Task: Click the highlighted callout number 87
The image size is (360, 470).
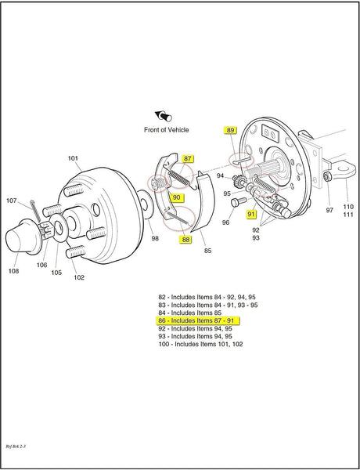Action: click(x=188, y=158)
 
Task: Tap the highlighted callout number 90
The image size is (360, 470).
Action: click(x=177, y=197)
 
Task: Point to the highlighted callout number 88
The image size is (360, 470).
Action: click(x=185, y=240)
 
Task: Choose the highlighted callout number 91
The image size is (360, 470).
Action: click(x=251, y=213)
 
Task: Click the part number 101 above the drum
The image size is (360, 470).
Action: click(x=74, y=158)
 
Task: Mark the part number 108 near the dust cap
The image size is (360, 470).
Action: click(x=14, y=272)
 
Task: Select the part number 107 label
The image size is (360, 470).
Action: click(x=12, y=201)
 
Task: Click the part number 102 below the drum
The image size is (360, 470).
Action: click(x=79, y=277)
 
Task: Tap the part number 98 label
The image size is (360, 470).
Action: click(x=155, y=238)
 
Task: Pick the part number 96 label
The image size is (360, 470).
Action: click(x=226, y=222)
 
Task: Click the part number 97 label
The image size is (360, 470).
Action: click(x=329, y=209)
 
